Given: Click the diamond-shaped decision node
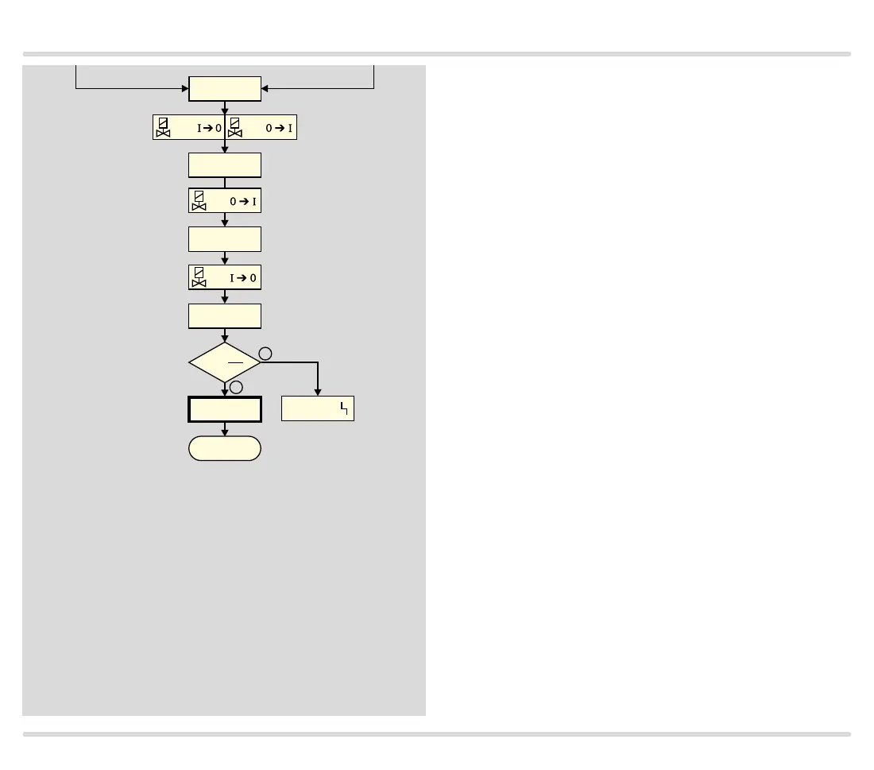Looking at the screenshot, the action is (x=225, y=362).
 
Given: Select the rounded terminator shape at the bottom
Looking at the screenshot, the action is (x=225, y=448).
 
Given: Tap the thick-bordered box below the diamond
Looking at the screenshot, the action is (x=225, y=409).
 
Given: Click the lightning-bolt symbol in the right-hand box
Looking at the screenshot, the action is (x=344, y=408).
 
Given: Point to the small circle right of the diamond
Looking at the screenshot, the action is (x=266, y=354).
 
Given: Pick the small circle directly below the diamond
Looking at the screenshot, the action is (x=236, y=387).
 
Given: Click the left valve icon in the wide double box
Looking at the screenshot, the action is (x=163, y=127).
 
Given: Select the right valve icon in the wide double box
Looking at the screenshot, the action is (x=234, y=127).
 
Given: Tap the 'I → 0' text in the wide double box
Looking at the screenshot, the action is (x=209, y=128).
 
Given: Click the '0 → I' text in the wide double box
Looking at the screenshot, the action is (x=280, y=128).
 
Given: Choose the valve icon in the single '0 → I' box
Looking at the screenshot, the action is (x=199, y=201).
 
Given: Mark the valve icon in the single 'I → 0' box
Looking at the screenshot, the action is (x=199, y=277).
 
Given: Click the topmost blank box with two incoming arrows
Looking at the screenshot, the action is (x=225, y=89).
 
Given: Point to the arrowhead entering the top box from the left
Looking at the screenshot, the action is (x=185, y=89).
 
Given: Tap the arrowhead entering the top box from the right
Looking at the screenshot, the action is (x=265, y=89).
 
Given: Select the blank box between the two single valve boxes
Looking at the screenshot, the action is (x=225, y=239).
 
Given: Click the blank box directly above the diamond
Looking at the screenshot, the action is (x=225, y=315).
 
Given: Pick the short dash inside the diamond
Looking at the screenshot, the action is (x=235, y=362).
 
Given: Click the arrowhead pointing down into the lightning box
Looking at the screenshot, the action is (x=318, y=392).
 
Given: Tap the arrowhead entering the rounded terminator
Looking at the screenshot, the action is (x=225, y=432).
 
